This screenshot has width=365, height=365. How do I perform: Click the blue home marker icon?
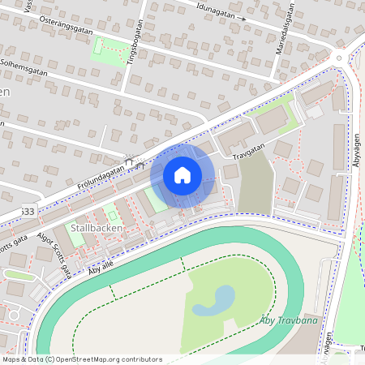[182, 175]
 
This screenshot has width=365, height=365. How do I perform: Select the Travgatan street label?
[248, 150]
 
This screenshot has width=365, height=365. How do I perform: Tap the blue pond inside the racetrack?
[212, 301]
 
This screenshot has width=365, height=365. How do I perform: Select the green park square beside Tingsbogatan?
[109, 49]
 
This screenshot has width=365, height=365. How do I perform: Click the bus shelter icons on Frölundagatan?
[133, 161]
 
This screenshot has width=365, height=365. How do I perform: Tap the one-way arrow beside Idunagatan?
[242, 16]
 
